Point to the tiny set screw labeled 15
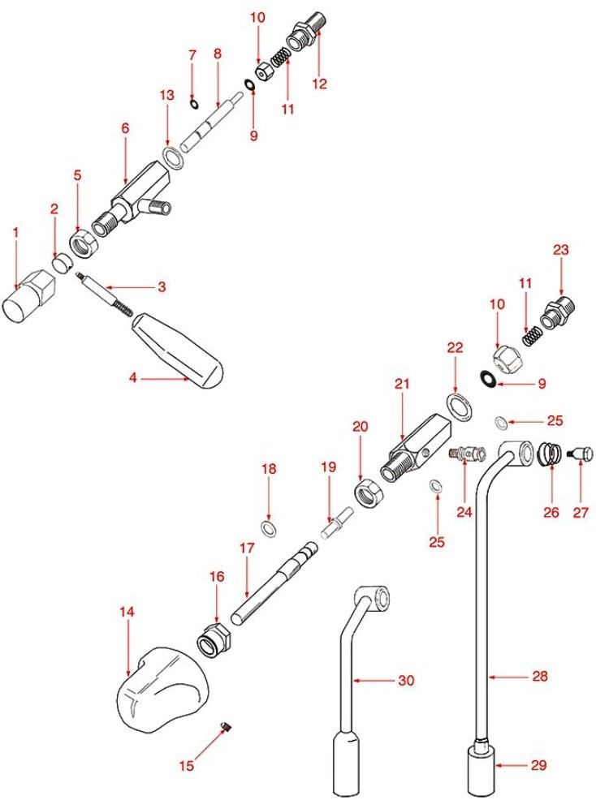[228, 728]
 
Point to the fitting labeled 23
[561, 312]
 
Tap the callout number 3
[162, 286]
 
